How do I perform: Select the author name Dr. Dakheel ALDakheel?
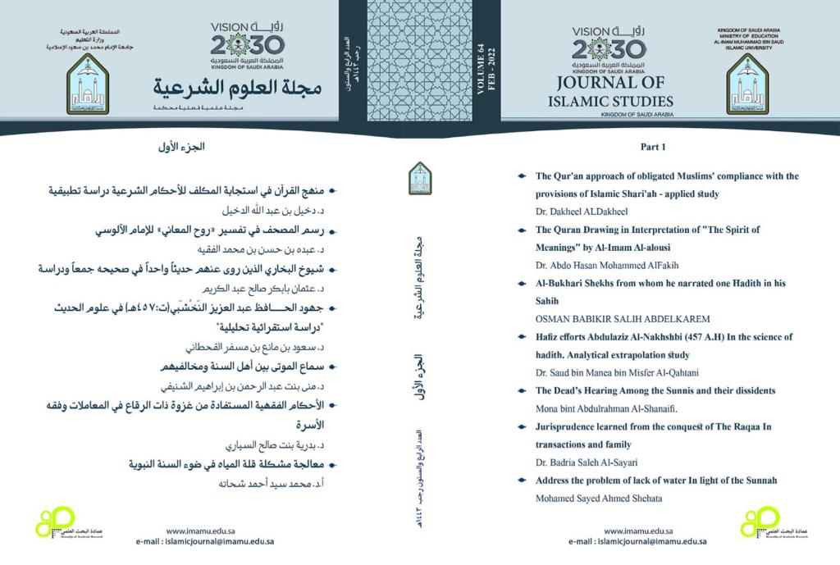click(x=572, y=212)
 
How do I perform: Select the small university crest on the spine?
click(x=420, y=178)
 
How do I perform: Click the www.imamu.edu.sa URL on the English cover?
click(x=637, y=531)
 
